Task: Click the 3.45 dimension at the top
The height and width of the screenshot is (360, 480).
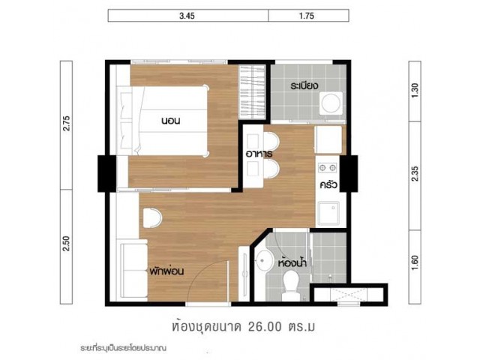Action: pos(187,16)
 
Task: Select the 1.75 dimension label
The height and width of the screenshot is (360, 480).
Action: pos(307,16)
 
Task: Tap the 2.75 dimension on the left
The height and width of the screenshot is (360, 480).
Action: pos(67,123)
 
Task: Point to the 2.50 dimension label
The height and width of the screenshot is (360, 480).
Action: pos(67,243)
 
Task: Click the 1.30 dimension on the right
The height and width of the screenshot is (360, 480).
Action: pos(415,91)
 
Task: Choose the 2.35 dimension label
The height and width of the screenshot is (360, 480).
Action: pos(415,173)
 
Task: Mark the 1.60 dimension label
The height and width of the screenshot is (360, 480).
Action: pos(415,262)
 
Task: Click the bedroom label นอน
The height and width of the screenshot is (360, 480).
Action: pos(170,121)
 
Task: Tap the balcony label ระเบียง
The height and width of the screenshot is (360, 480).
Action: pos(304,85)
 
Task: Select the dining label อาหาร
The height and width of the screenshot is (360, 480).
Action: pos(259,153)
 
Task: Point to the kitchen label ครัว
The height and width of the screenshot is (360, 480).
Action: pos(328,185)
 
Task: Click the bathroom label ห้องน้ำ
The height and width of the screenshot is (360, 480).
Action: pos(292,262)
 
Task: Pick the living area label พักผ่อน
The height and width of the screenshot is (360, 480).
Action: pos(166,271)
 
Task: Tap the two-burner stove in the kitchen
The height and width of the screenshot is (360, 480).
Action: pos(328,167)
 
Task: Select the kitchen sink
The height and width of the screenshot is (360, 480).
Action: pos(328,213)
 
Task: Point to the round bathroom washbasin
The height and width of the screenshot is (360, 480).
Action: pos(265,260)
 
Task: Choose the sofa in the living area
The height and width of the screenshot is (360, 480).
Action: pos(133,270)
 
